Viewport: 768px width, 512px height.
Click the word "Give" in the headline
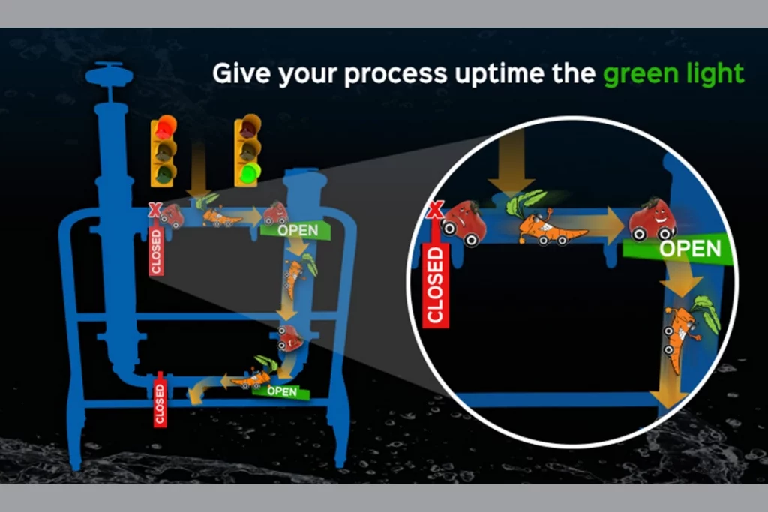pos(241,73)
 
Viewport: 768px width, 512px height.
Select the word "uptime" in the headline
pos(499,74)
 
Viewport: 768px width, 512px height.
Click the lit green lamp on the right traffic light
pos(250,172)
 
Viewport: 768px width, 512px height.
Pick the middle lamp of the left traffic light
pos(164,150)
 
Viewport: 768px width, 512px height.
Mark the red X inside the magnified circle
pos(436,209)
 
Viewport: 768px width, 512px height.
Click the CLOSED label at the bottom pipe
pos(160,403)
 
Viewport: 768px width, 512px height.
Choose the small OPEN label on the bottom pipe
pos(281,391)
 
